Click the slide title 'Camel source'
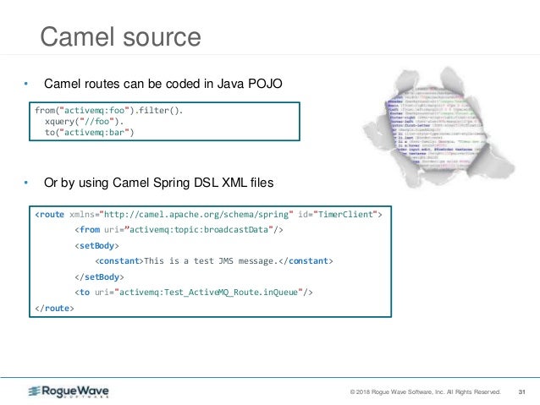point(121,38)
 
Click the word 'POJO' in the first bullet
point(265,84)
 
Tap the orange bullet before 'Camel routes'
point(26,84)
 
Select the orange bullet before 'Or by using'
point(26,183)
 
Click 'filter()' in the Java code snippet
point(160,110)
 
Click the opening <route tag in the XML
point(50,215)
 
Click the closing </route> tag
point(54,308)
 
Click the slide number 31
point(521,391)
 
